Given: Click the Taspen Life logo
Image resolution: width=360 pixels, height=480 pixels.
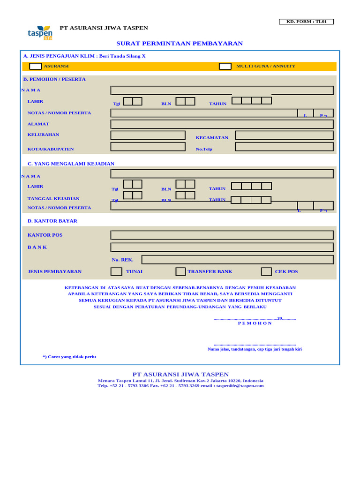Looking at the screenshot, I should pyautogui.click(x=40, y=33).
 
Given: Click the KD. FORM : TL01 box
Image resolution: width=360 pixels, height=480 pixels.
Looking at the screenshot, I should pyautogui.click(x=306, y=22).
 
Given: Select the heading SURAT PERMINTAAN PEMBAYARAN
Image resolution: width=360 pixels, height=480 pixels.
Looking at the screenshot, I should pyautogui.click(x=180, y=44).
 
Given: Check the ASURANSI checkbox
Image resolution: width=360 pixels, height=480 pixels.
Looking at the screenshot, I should pyautogui.click(x=35, y=67).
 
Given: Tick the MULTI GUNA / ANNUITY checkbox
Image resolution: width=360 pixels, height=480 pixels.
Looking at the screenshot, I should pyautogui.click(x=225, y=67).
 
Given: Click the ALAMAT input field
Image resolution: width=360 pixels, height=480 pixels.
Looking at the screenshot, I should pyautogui.click(x=222, y=124).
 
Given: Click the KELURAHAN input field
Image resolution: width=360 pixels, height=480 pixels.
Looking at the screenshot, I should pyautogui.click(x=148, y=135).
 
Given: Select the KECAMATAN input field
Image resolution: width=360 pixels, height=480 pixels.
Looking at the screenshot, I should pyautogui.click(x=284, y=135).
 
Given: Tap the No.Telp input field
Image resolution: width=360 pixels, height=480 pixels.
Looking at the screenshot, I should pyautogui.click(x=284, y=147).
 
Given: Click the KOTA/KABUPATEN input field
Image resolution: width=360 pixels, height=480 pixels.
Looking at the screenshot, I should pyautogui.click(x=148, y=147).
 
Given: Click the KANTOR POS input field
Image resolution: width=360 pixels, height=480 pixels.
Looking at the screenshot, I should pyautogui.click(x=222, y=235).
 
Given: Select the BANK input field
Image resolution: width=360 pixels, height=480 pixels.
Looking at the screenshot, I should pyautogui.click(x=222, y=247).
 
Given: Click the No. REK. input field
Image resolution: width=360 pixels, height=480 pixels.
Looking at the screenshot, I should pyautogui.click(x=237, y=260).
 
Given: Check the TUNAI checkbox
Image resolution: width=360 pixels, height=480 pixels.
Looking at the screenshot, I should pyautogui.click(x=116, y=272).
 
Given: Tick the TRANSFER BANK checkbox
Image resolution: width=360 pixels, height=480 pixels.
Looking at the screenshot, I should pyautogui.click(x=180, y=272).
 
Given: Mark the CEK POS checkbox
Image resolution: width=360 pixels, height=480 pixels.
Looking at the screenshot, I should pyautogui.click(x=266, y=272).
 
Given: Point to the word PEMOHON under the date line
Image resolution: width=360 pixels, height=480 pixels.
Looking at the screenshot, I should pyautogui.click(x=255, y=323).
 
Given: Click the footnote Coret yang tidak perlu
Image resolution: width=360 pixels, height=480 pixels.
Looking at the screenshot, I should pyautogui.click(x=69, y=357).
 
